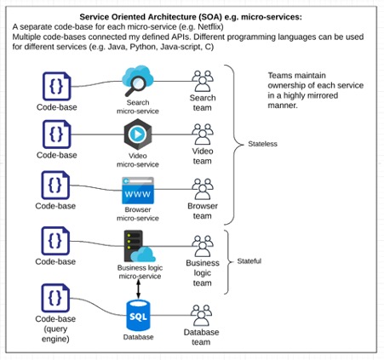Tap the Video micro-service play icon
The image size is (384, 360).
click(138, 134)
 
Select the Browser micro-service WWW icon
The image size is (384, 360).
click(138, 191)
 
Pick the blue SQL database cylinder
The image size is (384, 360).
click(138, 316)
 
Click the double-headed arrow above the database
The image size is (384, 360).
click(139, 289)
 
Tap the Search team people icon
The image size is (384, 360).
click(203, 81)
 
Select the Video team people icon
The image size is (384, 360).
click(203, 134)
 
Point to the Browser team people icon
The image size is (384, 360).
click(203, 189)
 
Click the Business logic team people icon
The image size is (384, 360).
click(203, 246)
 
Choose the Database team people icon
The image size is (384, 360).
click(201, 316)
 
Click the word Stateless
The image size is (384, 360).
click(262, 144)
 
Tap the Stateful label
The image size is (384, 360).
click(249, 261)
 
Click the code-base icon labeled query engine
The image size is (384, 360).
click(55, 298)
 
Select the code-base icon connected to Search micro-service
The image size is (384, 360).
click(57, 86)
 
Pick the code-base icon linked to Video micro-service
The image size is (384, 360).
click(57, 134)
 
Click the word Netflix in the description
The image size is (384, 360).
click(209, 27)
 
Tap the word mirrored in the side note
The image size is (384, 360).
click(321, 95)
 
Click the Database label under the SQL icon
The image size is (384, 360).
click(138, 337)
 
